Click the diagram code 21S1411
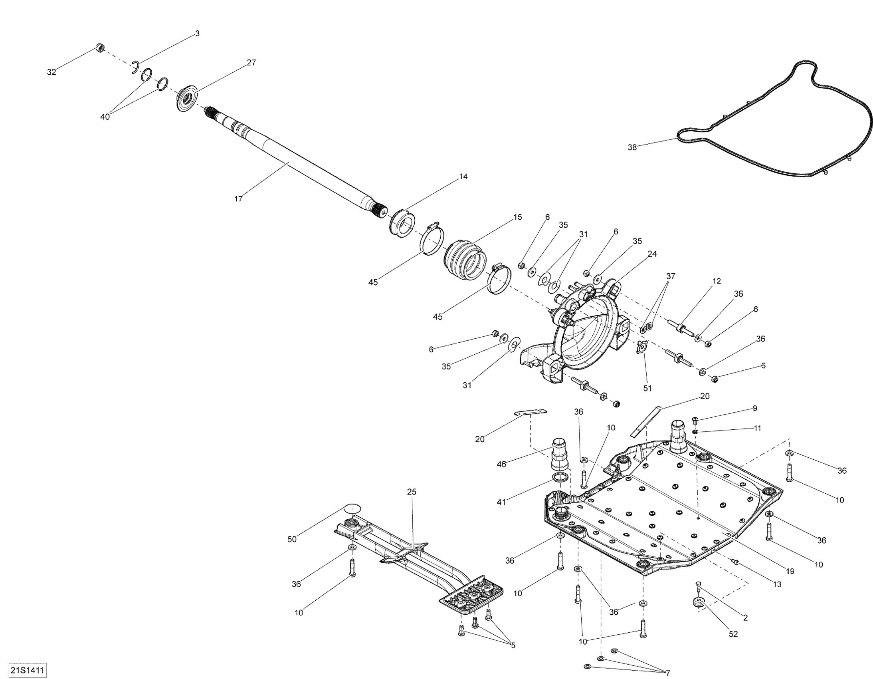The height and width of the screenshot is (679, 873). click(x=27, y=670)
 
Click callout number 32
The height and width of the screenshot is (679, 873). click(x=51, y=72)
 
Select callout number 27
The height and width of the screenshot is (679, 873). click(x=251, y=62)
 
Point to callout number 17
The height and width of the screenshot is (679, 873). click(x=238, y=199)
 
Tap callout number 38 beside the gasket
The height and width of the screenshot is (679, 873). click(x=632, y=147)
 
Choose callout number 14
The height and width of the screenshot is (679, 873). click(x=463, y=177)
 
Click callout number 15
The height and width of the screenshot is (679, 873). click(x=518, y=217)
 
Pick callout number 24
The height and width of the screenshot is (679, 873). click(x=652, y=254)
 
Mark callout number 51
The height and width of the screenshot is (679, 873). click(x=647, y=388)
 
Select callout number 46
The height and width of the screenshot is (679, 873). click(x=501, y=464)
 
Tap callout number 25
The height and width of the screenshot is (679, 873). click(x=412, y=492)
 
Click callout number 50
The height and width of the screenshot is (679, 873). click(x=292, y=540)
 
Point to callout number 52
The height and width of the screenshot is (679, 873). click(x=733, y=634)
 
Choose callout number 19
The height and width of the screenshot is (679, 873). click(x=790, y=572)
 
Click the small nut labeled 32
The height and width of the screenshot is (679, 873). click(x=101, y=48)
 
